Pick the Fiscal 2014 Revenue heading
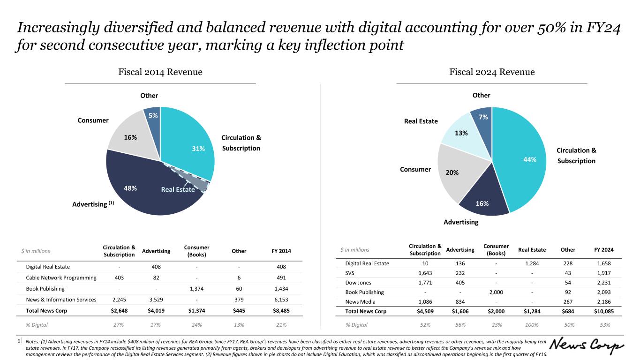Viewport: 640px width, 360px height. pyautogui.click(x=160, y=72)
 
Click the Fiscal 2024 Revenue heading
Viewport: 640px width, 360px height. pyautogui.click(x=492, y=72)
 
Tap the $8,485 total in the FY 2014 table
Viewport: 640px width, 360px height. pyautogui.click(x=280, y=311)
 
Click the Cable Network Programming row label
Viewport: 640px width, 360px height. pyautogui.click(x=61, y=277)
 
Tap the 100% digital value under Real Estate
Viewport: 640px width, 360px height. pyautogui.click(x=532, y=324)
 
